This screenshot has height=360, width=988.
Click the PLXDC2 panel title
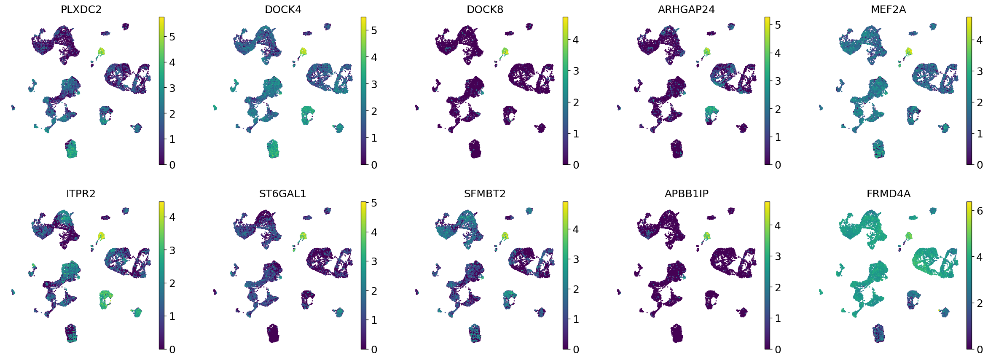pyautogui.click(x=81, y=10)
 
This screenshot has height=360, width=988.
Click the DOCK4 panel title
pyautogui.click(x=283, y=10)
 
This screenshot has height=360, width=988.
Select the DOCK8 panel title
pyautogui.click(x=485, y=10)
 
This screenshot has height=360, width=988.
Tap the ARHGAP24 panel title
pyautogui.click(x=686, y=10)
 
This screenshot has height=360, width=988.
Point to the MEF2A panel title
pyautogui.click(x=888, y=10)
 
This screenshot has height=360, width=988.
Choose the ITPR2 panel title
pyautogui.click(x=81, y=194)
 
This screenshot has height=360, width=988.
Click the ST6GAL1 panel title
pyautogui.click(x=283, y=194)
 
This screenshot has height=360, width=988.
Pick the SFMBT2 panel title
pyautogui.click(x=485, y=194)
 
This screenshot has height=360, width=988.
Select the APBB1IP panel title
pyautogui.click(x=686, y=194)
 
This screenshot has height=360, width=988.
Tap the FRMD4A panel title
pyautogui.click(x=888, y=194)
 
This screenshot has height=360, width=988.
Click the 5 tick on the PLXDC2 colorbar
pyautogui.click(x=172, y=37)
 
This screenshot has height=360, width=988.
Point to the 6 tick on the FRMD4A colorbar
pyautogui.click(x=980, y=211)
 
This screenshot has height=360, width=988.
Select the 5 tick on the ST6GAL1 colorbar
pyautogui.click(x=374, y=203)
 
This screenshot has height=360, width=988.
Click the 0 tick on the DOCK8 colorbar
pyautogui.click(x=576, y=165)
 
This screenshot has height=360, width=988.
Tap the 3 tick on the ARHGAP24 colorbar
pyautogui.click(x=778, y=81)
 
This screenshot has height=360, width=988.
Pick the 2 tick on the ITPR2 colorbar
pyautogui.click(x=172, y=283)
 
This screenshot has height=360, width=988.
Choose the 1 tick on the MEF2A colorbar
pyautogui.click(x=980, y=134)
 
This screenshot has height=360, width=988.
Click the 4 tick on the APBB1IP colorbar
pyautogui.click(x=778, y=226)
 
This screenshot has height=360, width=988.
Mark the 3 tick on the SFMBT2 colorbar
pyautogui.click(x=576, y=259)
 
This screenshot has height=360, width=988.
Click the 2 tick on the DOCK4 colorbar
pyautogui.click(x=374, y=111)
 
